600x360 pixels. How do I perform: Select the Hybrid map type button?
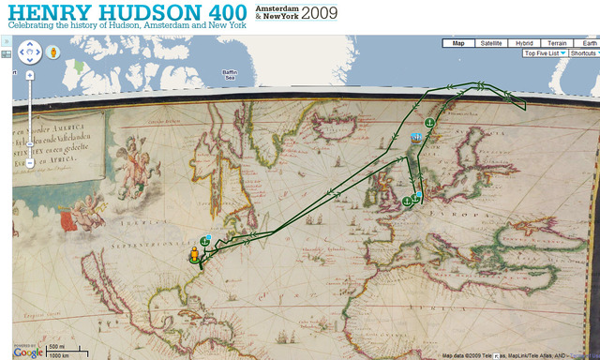tap(523, 43)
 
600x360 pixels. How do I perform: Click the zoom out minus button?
tap(30, 163)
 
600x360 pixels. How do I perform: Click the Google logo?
tap(28, 352)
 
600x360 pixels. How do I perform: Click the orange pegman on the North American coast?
tap(195, 255)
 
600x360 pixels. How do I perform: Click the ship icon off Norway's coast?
tap(413, 138)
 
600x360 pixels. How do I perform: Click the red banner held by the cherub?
tap(67, 221)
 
